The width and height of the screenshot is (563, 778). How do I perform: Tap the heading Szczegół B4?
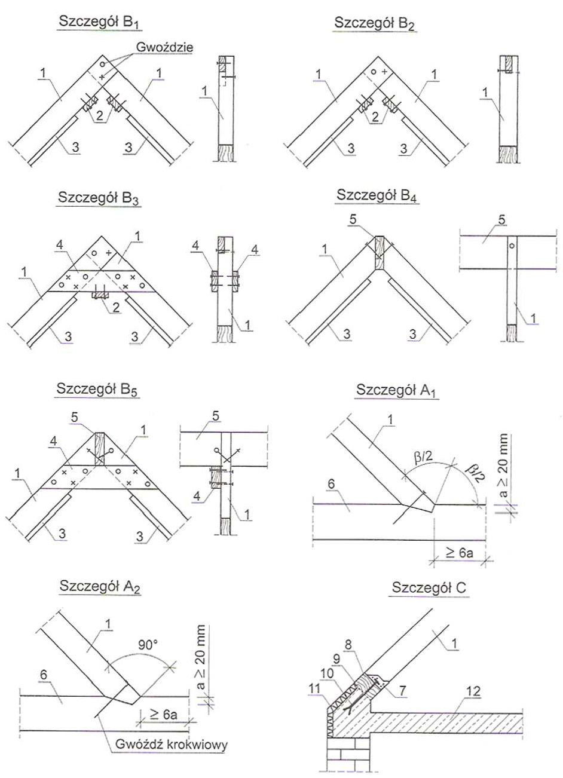pyautogui.click(x=377, y=195)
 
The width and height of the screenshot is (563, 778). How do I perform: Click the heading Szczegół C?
pyautogui.click(x=430, y=588)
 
